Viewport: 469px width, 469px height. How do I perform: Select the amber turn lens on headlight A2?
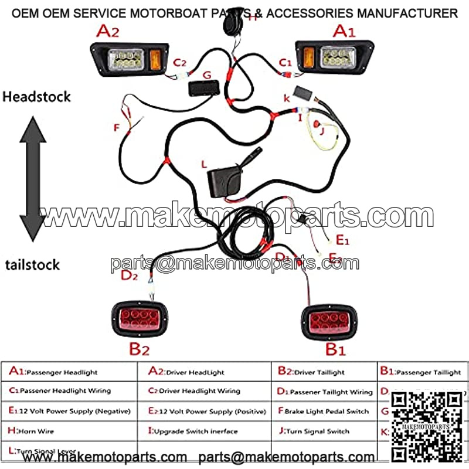[156, 59]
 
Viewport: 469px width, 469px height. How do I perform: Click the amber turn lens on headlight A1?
[307, 57]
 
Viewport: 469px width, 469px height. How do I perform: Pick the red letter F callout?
[116, 127]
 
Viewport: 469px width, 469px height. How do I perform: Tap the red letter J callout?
[321, 131]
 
